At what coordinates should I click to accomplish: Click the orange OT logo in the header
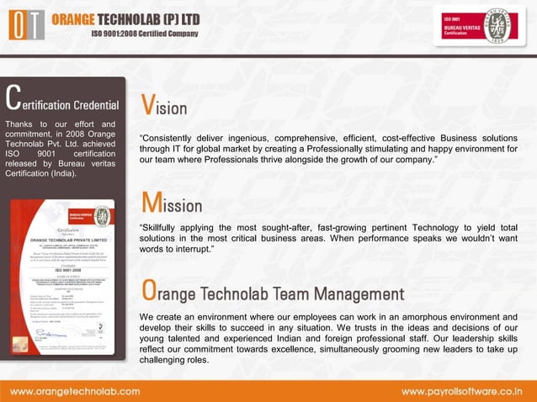point(25,24)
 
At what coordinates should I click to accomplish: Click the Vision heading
point(164,106)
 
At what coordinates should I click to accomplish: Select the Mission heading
point(172,204)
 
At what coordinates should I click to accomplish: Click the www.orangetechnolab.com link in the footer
point(74,392)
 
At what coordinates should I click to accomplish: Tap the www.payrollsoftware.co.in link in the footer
point(461,392)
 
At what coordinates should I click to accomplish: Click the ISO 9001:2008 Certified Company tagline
point(145,34)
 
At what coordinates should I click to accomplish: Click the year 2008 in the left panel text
point(75,135)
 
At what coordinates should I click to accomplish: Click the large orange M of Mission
point(151,202)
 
